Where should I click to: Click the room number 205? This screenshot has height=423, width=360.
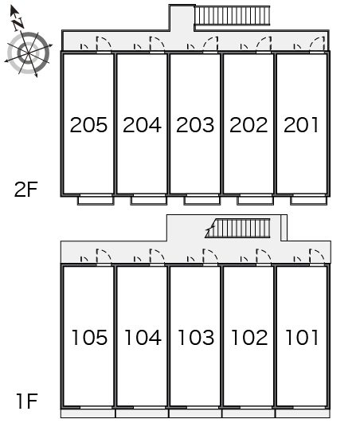(x=88, y=125)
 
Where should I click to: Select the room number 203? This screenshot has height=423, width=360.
(x=195, y=125)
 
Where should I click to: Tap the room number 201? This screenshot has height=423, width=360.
(x=301, y=125)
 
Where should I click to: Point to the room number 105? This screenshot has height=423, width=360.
(x=89, y=338)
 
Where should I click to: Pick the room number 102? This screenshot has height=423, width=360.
(x=249, y=338)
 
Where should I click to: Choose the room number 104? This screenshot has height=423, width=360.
(x=143, y=338)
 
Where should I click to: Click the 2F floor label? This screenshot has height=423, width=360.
(x=26, y=190)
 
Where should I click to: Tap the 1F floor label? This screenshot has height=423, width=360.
(x=27, y=401)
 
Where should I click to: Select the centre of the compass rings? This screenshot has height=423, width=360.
(x=29, y=53)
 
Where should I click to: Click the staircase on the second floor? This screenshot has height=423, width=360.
(x=233, y=15)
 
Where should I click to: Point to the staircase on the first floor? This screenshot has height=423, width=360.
(x=237, y=228)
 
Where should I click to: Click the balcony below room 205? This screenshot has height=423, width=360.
(x=96, y=201)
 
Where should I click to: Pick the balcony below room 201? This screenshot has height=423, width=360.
(x=309, y=201)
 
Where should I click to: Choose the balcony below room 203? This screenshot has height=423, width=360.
(x=202, y=201)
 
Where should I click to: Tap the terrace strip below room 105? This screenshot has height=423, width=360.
(x=88, y=413)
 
